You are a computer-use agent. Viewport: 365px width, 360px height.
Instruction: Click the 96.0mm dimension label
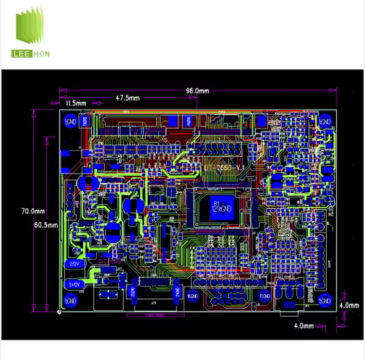[x=197, y=91]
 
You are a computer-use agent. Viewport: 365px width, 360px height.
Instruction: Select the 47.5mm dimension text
[x=128, y=98]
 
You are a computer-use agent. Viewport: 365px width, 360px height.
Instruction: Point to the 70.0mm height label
[x=33, y=211]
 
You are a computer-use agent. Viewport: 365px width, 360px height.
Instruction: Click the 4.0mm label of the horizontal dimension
[x=304, y=327]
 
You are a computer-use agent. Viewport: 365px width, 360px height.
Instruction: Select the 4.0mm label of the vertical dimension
[x=349, y=306]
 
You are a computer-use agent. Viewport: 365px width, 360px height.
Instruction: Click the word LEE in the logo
[x=21, y=53]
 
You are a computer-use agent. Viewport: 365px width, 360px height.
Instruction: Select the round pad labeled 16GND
[x=192, y=295]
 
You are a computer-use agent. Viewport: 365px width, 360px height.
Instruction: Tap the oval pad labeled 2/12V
[x=74, y=265]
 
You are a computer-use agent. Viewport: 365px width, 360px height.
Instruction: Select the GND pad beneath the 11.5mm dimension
[x=71, y=122]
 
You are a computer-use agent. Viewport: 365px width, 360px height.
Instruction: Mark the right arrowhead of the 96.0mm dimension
[x=333, y=91]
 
